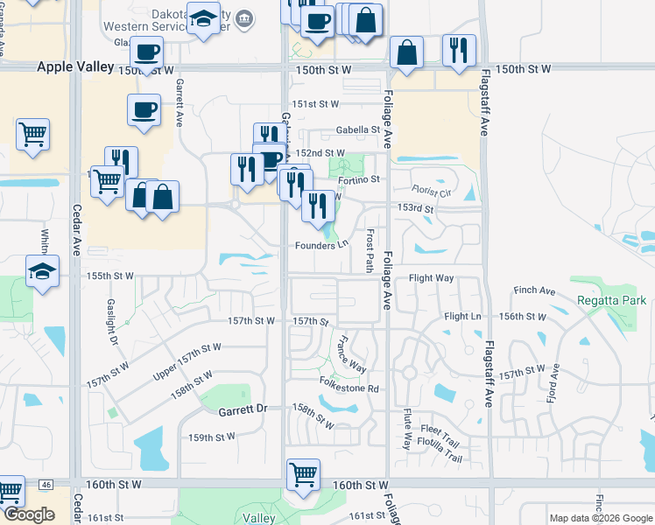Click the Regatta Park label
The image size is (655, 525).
tap(612, 300)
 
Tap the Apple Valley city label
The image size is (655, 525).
tap(76, 67)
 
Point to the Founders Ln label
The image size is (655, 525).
tap(320, 245)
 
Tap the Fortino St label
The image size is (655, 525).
tap(360, 179)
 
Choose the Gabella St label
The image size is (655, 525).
tap(358, 130)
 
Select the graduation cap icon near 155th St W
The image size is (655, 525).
tap(42, 270)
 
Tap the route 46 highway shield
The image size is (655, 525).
tap(46, 484)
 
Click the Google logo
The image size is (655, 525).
tap(29, 514)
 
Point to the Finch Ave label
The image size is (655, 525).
tap(536, 290)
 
